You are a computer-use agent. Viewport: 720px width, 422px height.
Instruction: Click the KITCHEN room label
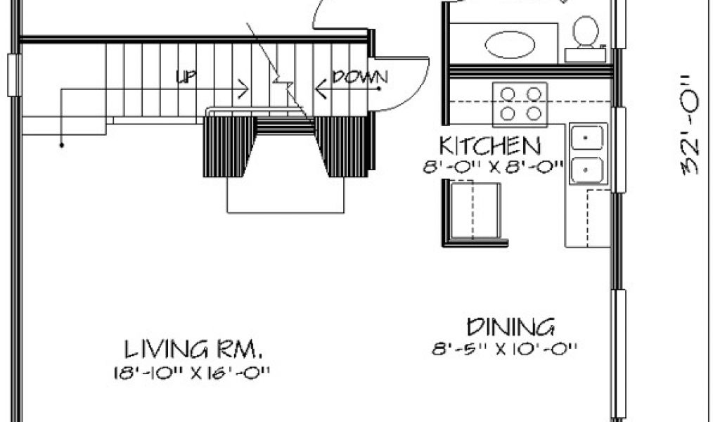point(490,146)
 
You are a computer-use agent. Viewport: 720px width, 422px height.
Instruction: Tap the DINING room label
point(511,327)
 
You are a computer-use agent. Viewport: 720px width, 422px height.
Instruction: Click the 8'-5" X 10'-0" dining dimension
point(505,348)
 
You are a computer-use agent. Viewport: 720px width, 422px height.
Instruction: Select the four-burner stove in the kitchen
point(520,104)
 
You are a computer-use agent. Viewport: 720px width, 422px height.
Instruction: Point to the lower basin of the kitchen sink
point(589,170)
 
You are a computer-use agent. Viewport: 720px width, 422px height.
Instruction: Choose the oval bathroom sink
point(510,44)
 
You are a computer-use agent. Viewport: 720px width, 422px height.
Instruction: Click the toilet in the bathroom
point(584,33)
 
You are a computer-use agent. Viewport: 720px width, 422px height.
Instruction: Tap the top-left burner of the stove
point(508,93)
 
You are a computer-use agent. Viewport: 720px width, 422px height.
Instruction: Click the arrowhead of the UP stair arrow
point(244,89)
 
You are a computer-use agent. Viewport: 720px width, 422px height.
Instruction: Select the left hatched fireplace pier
point(229,146)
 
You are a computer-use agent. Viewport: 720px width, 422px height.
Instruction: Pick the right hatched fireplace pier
point(342,146)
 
